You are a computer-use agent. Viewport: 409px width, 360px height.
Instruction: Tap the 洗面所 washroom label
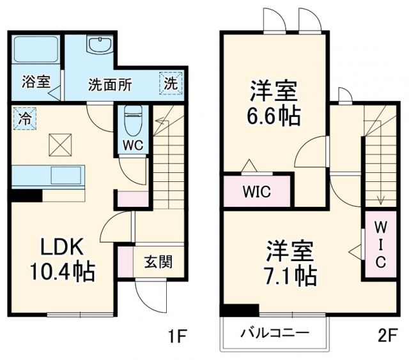pos(110,84)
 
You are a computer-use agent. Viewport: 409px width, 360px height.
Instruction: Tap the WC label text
pos(133,145)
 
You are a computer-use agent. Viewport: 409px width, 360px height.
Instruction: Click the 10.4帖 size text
pos(61,273)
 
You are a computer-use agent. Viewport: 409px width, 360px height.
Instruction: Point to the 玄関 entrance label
pos(157,262)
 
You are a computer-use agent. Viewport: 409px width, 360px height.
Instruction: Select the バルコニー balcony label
pos(275,333)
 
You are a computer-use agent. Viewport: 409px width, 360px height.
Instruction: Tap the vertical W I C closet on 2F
pos(379,246)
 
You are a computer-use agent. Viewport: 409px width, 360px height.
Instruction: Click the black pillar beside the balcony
pos(240,311)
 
